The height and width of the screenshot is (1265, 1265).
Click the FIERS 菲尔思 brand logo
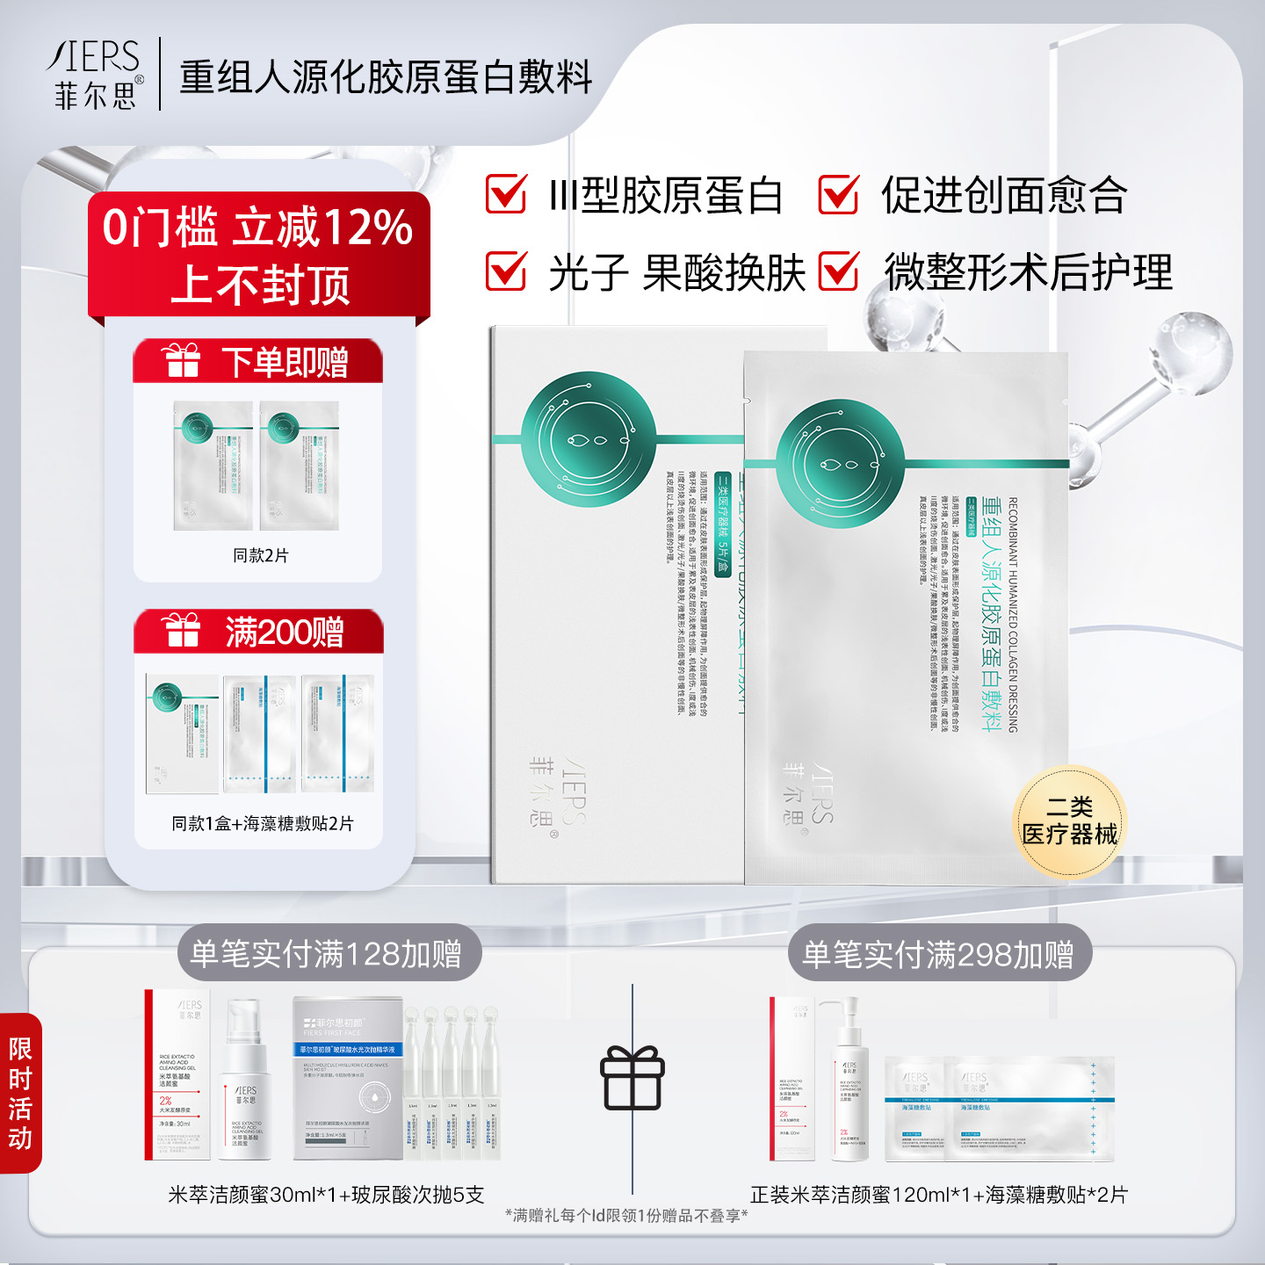95,75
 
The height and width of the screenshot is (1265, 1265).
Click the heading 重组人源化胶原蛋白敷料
386,77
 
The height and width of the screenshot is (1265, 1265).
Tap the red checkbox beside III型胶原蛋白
507,194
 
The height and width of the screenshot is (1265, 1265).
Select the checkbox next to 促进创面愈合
839,194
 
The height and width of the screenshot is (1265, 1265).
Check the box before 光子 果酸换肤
507,271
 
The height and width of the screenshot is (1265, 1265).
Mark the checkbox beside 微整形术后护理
839,271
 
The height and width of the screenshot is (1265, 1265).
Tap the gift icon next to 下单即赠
182,360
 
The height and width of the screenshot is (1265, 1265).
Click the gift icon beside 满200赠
182,631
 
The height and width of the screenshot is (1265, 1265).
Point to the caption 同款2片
260,555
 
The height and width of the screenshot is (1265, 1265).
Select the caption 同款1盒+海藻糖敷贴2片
262,823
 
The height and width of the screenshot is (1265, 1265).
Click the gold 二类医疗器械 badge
1069,821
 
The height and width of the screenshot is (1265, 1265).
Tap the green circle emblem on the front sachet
841,463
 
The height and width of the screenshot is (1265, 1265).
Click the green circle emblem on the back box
589,437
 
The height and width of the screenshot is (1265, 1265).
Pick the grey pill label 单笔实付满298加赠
938,953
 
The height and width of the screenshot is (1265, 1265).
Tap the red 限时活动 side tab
20,1093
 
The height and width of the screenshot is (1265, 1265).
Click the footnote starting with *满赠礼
626,1215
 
